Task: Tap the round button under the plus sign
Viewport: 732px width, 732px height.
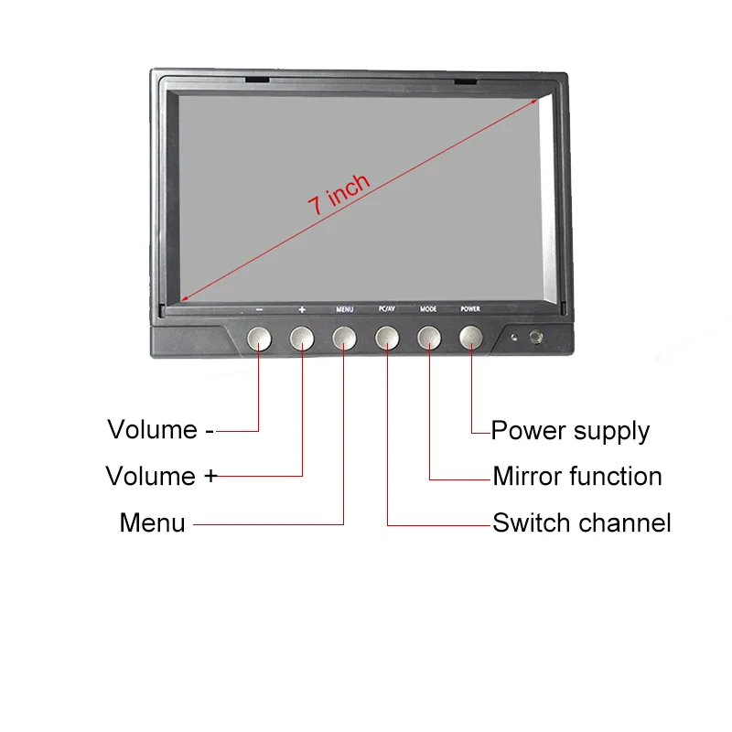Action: click(302, 339)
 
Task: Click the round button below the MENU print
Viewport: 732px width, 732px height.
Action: click(344, 339)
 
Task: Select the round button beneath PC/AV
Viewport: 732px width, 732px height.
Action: click(386, 339)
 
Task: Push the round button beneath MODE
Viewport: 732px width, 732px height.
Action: click(428, 339)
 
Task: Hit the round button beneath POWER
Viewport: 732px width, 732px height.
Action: click(470, 339)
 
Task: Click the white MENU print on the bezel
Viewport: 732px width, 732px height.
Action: click(344, 309)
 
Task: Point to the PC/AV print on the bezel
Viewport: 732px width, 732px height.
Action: click(386, 309)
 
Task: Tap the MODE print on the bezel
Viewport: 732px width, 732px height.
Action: click(428, 309)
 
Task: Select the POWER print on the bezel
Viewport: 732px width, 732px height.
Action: click(470, 309)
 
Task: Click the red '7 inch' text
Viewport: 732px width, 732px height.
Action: click(339, 193)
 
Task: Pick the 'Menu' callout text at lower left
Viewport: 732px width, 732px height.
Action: click(152, 523)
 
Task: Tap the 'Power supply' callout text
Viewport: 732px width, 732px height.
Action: click(570, 431)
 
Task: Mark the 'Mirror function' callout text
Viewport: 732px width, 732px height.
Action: click(576, 477)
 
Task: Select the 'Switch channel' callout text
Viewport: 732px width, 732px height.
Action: click(581, 523)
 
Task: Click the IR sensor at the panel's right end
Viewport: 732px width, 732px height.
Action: click(534, 338)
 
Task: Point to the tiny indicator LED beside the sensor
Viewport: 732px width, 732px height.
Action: click(515, 339)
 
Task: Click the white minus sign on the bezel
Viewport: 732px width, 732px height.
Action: click(260, 309)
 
